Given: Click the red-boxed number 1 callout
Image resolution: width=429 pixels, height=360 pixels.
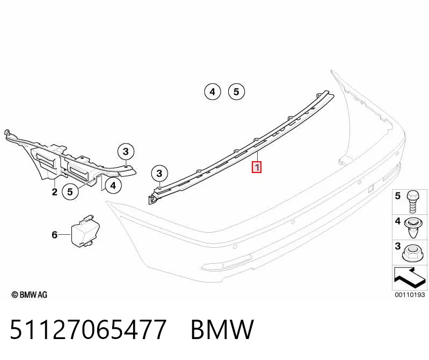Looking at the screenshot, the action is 257,167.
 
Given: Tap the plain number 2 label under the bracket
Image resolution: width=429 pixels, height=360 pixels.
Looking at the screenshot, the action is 55,192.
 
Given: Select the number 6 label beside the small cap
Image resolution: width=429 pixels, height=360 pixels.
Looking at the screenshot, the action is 54,235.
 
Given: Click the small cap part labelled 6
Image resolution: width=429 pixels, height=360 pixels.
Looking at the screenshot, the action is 85,231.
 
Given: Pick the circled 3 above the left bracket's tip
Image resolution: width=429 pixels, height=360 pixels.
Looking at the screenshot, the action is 126,152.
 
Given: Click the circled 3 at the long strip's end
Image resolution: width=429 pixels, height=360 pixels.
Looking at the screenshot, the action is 159,173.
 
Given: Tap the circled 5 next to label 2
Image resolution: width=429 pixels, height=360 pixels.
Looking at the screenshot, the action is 70,192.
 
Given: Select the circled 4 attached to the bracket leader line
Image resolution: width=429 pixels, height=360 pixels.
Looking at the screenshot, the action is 113,185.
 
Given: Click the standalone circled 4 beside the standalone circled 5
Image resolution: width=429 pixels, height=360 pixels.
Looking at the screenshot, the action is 213,92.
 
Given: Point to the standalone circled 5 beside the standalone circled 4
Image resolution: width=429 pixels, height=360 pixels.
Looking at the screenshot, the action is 236,92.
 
